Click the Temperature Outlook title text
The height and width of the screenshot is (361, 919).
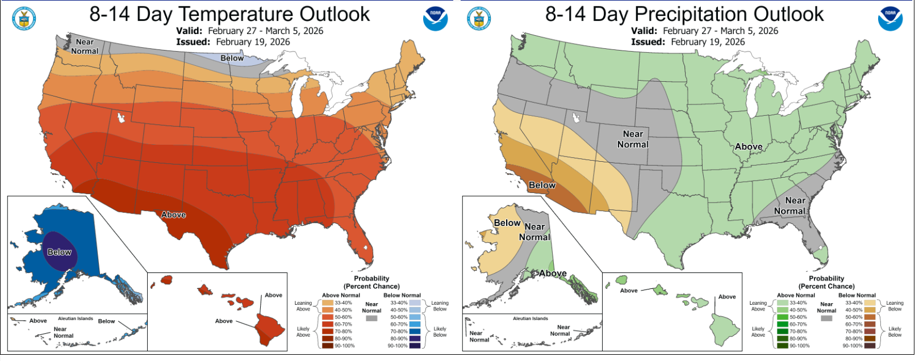tap(229, 14)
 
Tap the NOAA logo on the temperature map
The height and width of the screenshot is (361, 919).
tap(435, 19)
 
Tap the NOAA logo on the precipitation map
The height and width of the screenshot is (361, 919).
tap(889, 19)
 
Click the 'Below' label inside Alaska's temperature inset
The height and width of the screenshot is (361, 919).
tap(59, 252)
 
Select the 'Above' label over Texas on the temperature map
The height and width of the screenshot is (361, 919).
tap(173, 215)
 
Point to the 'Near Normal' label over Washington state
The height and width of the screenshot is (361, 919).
tap(85, 47)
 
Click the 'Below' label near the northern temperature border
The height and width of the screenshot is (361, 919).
tap(232, 58)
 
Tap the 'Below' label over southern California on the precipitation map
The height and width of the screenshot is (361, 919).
tap(542, 185)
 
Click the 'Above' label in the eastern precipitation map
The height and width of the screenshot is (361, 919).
tap(748, 146)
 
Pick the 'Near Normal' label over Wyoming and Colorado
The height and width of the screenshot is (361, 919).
tap(633, 139)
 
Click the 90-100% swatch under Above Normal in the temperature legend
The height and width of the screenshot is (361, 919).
tap(328, 346)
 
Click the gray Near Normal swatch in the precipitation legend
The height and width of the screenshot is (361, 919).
tap(826, 318)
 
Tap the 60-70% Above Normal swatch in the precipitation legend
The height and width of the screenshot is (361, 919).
tap(783, 324)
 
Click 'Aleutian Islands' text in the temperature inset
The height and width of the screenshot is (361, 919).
tap(76, 318)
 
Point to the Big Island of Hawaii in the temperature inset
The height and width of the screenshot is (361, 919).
tap(269, 329)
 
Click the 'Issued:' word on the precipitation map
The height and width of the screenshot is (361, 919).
tap(648, 42)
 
